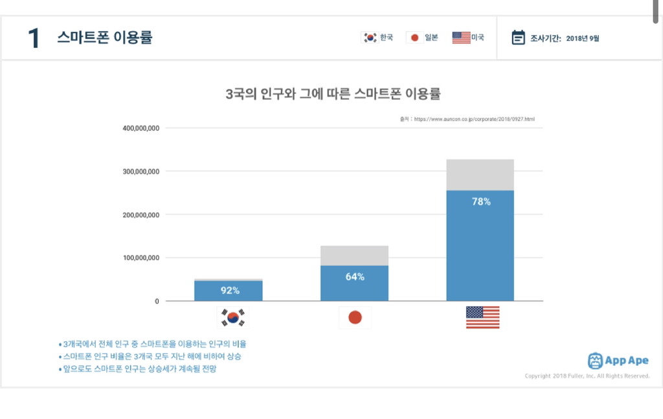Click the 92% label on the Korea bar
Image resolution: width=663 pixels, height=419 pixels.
[x=230, y=290]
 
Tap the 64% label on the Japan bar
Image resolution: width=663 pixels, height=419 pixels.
[x=355, y=277]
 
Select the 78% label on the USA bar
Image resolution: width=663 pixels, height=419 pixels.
[x=481, y=202]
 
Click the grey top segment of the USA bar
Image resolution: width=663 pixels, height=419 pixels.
[x=480, y=174]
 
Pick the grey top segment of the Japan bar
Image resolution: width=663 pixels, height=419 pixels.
[x=355, y=256]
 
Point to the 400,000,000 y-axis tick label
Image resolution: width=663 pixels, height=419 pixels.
[x=141, y=128]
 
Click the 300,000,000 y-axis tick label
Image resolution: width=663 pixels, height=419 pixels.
[x=141, y=171]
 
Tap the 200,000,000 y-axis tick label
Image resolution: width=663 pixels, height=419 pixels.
[x=141, y=215]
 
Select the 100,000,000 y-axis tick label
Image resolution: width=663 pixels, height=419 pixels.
[x=141, y=258]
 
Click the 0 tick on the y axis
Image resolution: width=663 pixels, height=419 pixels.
[x=156, y=301]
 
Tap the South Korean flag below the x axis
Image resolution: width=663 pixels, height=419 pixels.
[x=232, y=317]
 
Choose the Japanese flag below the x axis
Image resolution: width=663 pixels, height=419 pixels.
[x=355, y=317]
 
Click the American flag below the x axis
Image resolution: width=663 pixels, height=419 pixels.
[x=482, y=317]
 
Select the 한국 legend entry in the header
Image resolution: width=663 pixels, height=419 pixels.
[x=378, y=38]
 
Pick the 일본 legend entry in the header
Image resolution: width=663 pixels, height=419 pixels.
[x=423, y=38]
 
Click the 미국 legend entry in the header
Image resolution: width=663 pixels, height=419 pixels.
[x=468, y=38]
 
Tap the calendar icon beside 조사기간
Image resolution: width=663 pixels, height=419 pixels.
[x=518, y=38]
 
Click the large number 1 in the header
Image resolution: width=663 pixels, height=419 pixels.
[x=34, y=38]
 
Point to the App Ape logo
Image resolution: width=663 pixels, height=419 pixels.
[x=618, y=361]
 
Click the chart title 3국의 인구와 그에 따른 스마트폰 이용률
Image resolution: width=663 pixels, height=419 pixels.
[x=333, y=94]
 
